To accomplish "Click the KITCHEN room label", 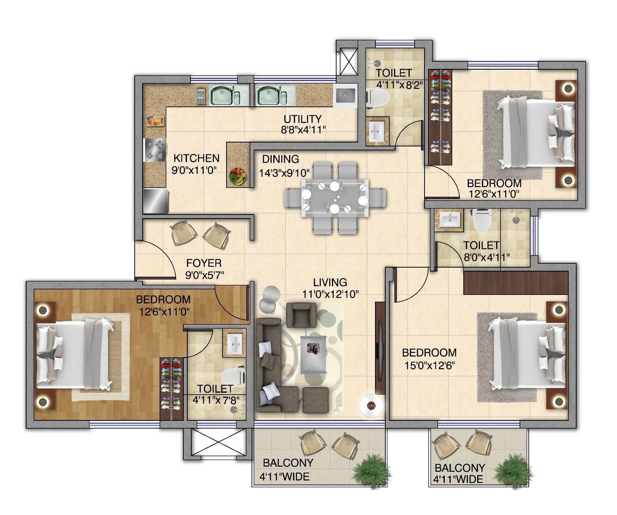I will coord(196,158).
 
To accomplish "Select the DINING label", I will coord(280,159).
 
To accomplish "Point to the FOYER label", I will coord(204,263).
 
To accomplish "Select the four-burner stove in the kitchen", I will coord(155,150).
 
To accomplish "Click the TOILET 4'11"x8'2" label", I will coord(394,78).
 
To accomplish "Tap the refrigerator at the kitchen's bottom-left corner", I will coord(156,201).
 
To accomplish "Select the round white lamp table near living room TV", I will coord(371,405).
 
